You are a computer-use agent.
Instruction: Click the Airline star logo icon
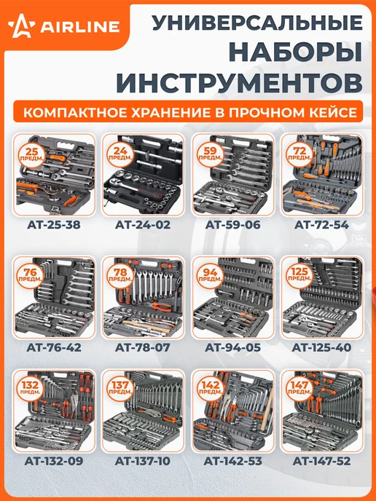(21, 26)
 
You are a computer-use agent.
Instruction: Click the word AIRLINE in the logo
(80, 27)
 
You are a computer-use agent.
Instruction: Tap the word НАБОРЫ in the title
(296, 53)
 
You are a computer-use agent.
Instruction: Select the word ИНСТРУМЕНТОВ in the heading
(239, 83)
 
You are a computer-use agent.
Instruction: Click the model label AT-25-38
(54, 225)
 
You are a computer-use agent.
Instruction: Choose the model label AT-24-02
(143, 225)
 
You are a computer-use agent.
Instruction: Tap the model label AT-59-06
(232, 225)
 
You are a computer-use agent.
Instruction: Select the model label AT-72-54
(321, 225)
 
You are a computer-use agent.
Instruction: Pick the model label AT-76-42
(54, 347)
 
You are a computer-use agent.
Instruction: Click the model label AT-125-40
(321, 347)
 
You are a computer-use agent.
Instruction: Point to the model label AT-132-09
(54, 461)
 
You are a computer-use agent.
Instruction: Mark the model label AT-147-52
(321, 461)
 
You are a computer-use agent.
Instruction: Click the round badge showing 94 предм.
(210, 275)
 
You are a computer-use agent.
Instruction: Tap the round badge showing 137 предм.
(120, 388)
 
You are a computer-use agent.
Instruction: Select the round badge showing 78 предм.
(120, 275)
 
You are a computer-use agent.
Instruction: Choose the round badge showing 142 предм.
(210, 388)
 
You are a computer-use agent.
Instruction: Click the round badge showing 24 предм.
(120, 154)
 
